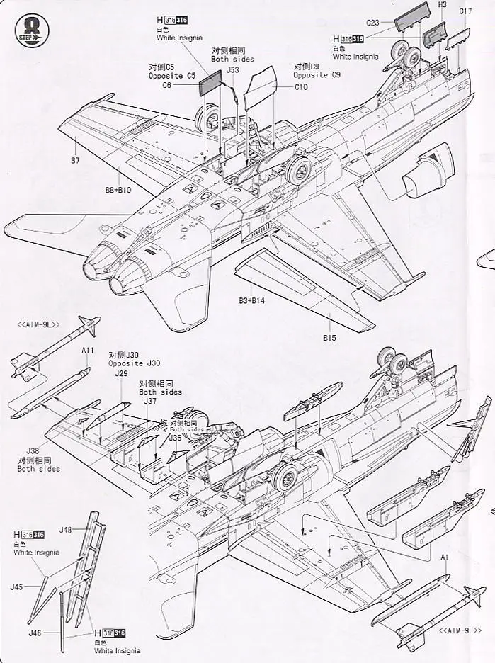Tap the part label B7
(x=74, y=161)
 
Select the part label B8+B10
(x=118, y=190)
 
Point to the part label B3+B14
(x=251, y=301)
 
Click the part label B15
(x=329, y=338)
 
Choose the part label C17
(x=465, y=11)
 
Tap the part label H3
(x=443, y=4)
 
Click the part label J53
(x=234, y=70)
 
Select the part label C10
(x=301, y=87)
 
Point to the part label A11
(x=88, y=351)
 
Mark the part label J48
(x=67, y=529)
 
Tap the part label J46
(x=35, y=633)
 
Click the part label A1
(x=445, y=557)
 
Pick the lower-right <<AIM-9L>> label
(x=460, y=630)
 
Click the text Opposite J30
(x=135, y=363)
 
